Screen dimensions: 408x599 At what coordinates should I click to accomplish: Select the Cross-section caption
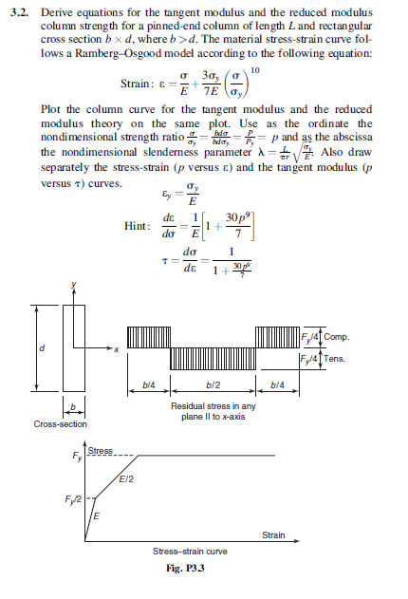tap(60, 422)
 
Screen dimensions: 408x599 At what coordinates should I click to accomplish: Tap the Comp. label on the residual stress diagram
tap(339, 337)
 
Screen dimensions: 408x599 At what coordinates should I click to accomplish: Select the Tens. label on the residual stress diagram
tap(338, 360)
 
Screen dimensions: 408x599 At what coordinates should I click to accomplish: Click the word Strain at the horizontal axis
tap(272, 535)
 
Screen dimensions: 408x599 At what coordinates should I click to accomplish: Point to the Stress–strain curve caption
tap(190, 552)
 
